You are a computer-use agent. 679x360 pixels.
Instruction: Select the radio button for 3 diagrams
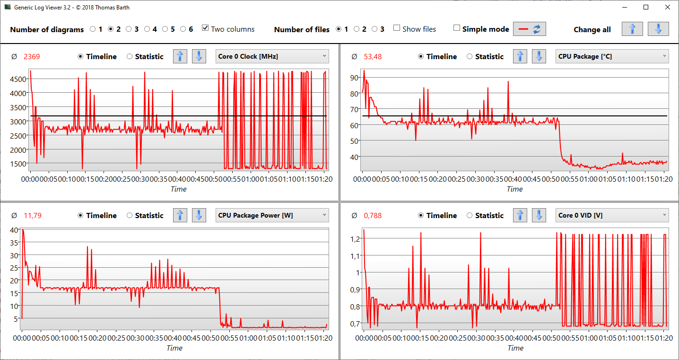tap(129, 29)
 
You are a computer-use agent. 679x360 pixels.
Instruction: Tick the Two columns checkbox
tap(205, 28)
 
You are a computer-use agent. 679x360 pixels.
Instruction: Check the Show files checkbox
tap(397, 28)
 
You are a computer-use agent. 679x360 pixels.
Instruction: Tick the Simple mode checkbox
tap(456, 28)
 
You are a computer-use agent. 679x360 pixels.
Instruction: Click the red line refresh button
tap(530, 29)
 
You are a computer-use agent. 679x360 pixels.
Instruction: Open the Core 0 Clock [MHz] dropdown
tap(272, 56)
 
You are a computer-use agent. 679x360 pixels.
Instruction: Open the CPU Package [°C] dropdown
tap(612, 56)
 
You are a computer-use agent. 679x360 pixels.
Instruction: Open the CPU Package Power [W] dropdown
tap(272, 215)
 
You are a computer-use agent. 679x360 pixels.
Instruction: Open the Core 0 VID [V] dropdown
tap(612, 215)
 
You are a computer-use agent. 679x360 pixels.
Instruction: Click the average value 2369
tap(32, 57)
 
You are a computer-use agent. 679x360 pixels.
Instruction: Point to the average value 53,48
tap(373, 57)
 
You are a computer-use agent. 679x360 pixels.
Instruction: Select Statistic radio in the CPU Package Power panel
tap(130, 215)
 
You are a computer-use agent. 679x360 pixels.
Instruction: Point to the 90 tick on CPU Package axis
tap(354, 78)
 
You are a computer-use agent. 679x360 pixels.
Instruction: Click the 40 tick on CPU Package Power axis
tap(14, 230)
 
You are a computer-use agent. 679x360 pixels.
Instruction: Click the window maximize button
tap(645, 7)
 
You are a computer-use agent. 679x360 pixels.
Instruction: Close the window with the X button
tap(667, 7)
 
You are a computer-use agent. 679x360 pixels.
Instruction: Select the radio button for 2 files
tap(357, 29)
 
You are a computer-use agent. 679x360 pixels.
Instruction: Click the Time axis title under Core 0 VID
tap(515, 348)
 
